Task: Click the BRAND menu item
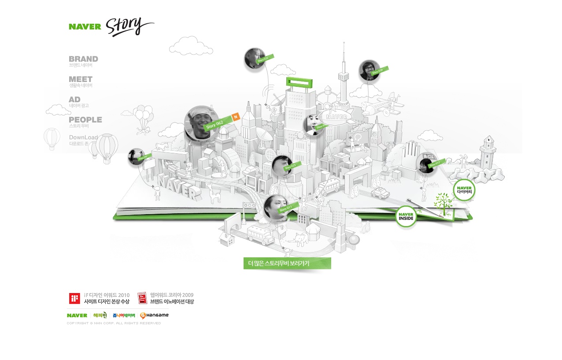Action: tap(83, 59)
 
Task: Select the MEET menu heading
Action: tap(81, 79)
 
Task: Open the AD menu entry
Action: tap(74, 100)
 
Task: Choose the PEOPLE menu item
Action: tap(85, 120)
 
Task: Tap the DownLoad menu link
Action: tap(83, 137)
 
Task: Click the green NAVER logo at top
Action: tap(85, 26)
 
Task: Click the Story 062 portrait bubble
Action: tap(201, 123)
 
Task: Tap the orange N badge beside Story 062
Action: tap(236, 117)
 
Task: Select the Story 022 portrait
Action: tap(255, 59)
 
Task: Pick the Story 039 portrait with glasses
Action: tap(369, 71)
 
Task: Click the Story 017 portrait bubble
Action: tap(426, 163)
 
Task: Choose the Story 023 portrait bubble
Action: tap(282, 166)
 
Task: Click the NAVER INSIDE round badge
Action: tap(406, 216)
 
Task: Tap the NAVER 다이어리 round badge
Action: tap(464, 190)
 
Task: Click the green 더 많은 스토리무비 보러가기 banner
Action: tap(287, 264)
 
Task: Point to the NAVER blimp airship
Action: tap(337, 117)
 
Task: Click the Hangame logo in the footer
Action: tap(154, 315)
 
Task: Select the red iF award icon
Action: tap(74, 298)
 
